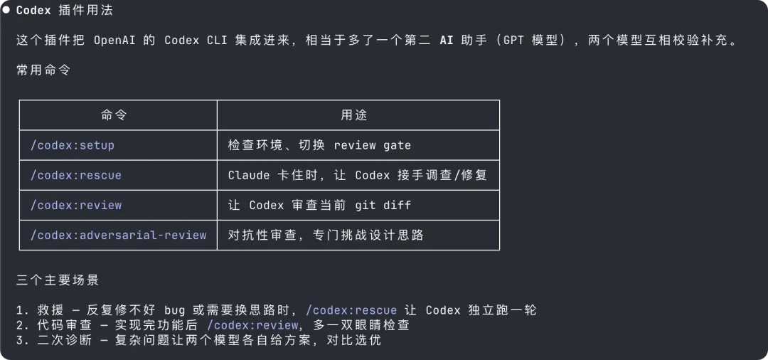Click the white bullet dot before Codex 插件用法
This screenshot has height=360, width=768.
pos(6,10)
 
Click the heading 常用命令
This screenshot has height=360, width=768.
pos(43,70)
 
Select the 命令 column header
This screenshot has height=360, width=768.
pos(114,115)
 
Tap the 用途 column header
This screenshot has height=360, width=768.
pos(354,115)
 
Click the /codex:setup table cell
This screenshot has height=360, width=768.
pos(72,145)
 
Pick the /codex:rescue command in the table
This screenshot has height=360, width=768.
pos(75,175)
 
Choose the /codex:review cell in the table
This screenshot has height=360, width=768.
pos(75,205)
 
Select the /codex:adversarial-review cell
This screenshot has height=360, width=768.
pos(118,235)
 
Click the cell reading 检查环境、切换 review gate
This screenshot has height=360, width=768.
pos(319,145)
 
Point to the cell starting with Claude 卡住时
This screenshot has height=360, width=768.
pos(357,175)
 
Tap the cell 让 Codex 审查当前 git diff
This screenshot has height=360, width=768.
pos(319,205)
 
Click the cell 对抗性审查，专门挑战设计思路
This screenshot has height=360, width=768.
pos(326,235)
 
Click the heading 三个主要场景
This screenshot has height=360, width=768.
pos(58,280)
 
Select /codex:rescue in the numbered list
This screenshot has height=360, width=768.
pos(351,310)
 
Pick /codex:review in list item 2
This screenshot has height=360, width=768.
pos(252,325)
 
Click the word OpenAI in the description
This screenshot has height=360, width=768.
pos(114,40)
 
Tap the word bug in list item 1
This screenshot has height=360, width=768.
pos(174,310)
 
